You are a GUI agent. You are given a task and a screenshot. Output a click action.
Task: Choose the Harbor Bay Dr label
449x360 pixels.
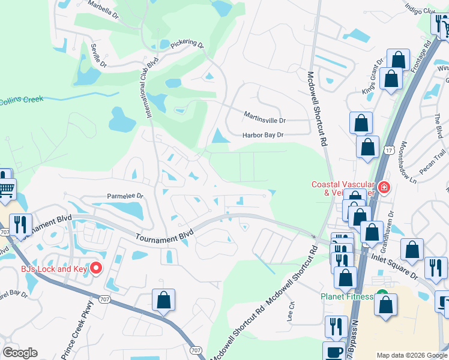[x=262, y=135]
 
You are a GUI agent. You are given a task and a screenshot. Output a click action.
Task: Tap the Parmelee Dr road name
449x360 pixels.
[x=125, y=196]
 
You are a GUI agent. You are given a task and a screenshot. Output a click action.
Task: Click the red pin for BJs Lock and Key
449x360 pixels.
[x=95, y=268]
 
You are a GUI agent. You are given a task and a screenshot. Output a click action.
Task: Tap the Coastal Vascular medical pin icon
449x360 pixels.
[x=384, y=188]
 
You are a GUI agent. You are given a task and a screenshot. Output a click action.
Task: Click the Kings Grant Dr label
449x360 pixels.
[x=373, y=76]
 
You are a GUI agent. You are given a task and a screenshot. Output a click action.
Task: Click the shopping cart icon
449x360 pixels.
[x=6, y=190]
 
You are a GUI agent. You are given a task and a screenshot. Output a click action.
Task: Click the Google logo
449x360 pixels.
[x=20, y=353]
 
